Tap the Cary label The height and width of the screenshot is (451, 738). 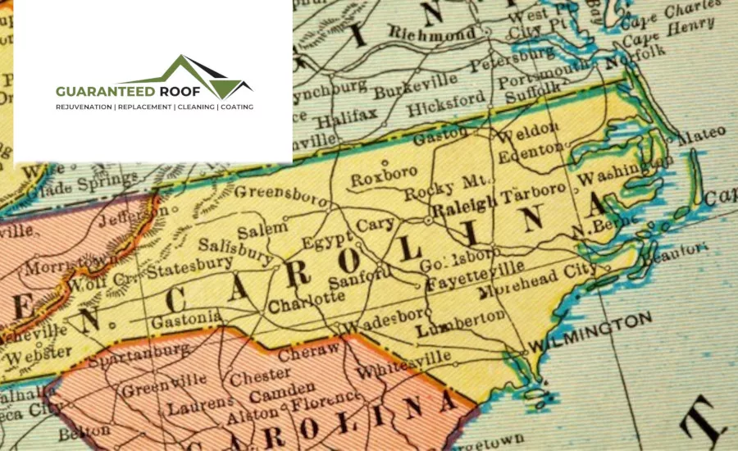pyautogui.click(x=376, y=224)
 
